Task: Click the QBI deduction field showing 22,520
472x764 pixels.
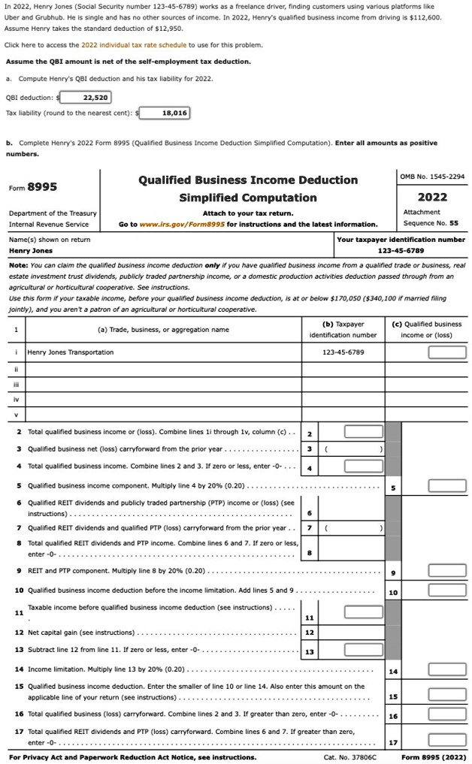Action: (x=85, y=97)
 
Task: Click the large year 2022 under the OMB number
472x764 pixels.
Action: (x=432, y=197)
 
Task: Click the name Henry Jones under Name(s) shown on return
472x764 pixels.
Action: (x=31, y=250)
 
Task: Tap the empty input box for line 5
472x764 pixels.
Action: (x=441, y=485)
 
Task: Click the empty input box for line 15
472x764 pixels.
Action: (x=441, y=692)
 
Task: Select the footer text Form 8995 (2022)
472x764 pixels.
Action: (x=434, y=757)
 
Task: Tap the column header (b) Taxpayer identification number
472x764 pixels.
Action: (x=343, y=329)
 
